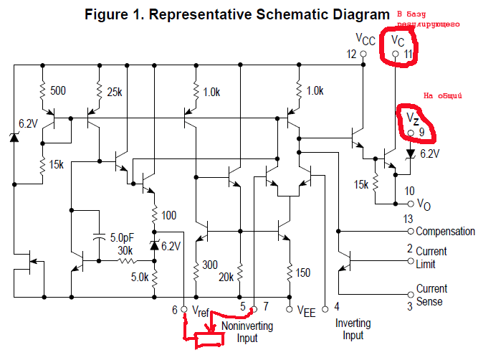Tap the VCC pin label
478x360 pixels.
365,38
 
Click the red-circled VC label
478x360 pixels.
398,42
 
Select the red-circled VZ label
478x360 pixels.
412,117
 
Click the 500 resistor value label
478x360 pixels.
58,91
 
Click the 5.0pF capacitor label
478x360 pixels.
125,237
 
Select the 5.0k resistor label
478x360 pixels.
140,278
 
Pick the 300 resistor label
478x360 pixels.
210,265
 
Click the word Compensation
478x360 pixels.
445,232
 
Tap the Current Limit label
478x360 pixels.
431,257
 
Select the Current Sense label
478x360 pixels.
431,295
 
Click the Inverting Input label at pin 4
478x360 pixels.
353,329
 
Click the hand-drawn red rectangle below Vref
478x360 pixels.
211,338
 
